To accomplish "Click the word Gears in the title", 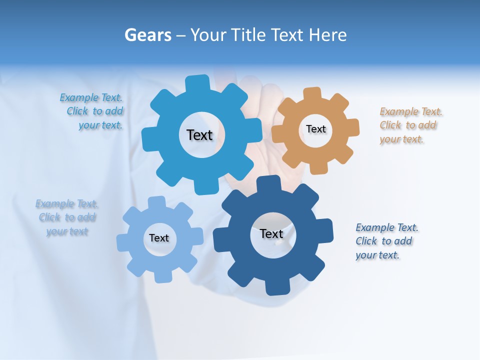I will pos(147,35).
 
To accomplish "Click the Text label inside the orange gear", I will pos(315,129).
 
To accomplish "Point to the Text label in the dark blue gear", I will pos(271,234).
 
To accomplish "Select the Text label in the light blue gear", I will pos(159,238).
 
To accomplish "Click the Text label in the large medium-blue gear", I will pos(199,135).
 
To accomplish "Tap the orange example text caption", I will pos(411,125).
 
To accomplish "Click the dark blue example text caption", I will pos(386,241).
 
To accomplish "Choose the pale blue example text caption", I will pos(67,217).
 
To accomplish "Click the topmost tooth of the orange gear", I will pos(312,93).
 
